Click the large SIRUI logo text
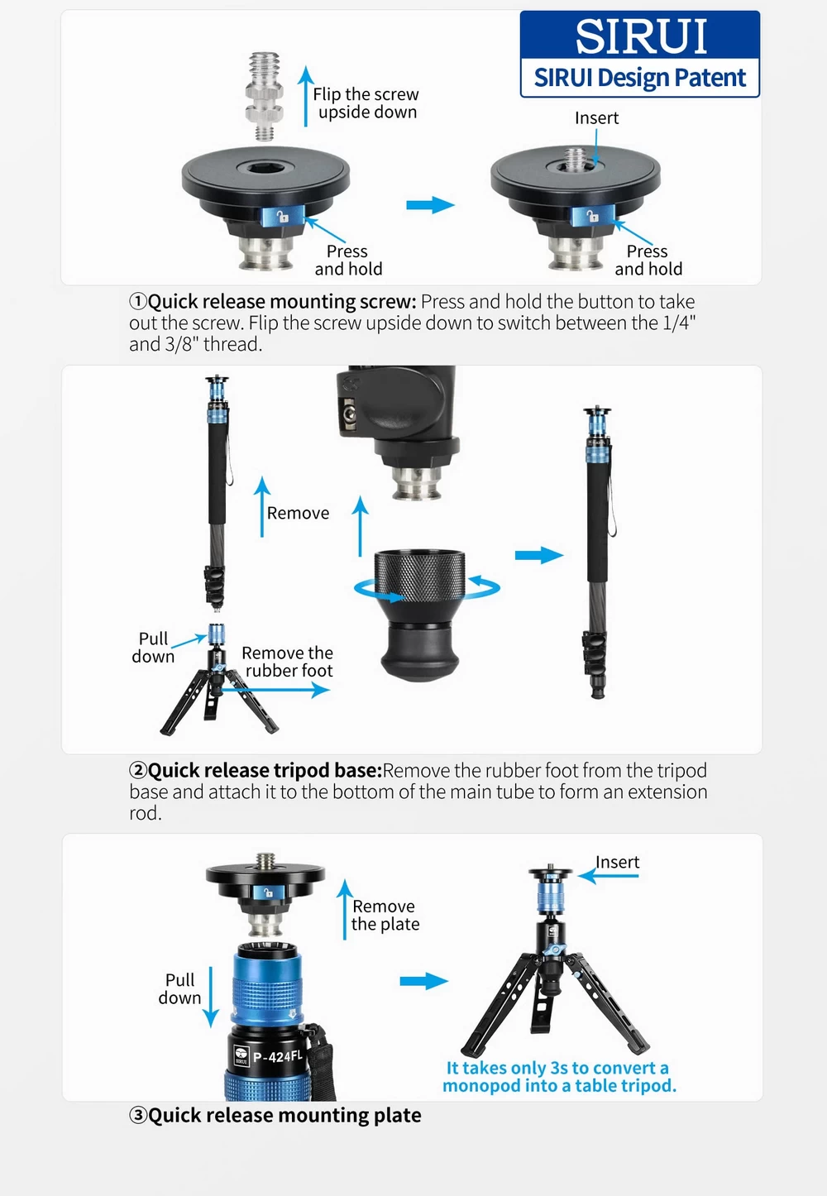[x=641, y=36]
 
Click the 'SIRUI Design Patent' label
[x=639, y=78]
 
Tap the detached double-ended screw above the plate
[x=265, y=96]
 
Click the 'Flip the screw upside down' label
[x=366, y=103]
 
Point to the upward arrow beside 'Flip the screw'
[x=305, y=96]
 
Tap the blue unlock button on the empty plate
[x=283, y=217]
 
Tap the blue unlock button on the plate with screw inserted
[x=592, y=216]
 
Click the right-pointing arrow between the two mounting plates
[x=430, y=204]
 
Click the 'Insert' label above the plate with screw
[x=596, y=118]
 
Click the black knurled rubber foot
[x=419, y=615]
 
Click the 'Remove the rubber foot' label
[x=287, y=662]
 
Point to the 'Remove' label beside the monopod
[x=298, y=513]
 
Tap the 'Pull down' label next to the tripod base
[x=153, y=647]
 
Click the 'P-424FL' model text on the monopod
[x=278, y=1056]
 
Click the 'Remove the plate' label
[x=385, y=915]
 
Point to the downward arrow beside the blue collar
[x=211, y=997]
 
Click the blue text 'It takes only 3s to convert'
[x=557, y=1067]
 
